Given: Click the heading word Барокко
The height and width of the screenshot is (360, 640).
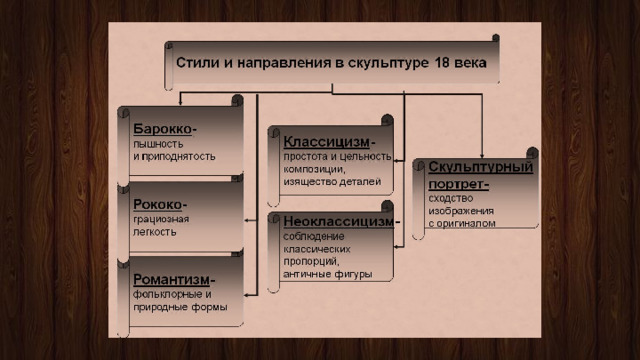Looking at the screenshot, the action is pos(162,129).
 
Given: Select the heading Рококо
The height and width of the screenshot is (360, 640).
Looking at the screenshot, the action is pos(158,204).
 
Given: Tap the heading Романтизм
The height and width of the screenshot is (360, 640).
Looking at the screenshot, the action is pos(171,280).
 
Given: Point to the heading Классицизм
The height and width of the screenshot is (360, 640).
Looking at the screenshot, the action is pos(327,142).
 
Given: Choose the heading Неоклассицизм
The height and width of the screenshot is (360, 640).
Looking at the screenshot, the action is pos(339,221).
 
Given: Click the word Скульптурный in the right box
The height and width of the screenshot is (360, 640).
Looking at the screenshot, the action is pos(481,167).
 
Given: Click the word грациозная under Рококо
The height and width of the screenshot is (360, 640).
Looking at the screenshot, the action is pos(161,220).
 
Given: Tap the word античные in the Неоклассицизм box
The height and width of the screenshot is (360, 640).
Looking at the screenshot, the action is pos(307,274).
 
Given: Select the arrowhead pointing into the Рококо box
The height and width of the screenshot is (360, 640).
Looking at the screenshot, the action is pos(247,220).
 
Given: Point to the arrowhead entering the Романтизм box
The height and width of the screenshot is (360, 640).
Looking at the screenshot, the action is pos(247,295).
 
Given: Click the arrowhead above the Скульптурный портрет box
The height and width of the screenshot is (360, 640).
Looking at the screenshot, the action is pos(482,156).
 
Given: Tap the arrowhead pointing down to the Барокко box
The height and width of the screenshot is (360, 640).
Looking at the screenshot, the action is pos(180,103).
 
